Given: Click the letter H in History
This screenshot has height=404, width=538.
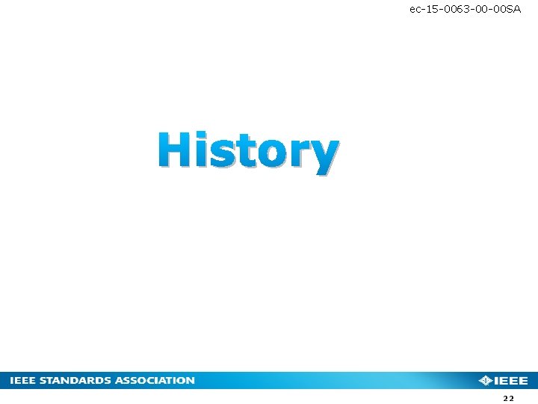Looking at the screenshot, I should click(x=176, y=150).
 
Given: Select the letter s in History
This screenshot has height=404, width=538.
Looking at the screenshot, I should click(x=221, y=154).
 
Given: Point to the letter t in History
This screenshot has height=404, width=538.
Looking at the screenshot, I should click(x=244, y=152).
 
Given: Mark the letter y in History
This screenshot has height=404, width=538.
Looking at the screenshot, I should click(x=323, y=156).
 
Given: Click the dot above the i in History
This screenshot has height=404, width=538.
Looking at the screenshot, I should click(x=201, y=135).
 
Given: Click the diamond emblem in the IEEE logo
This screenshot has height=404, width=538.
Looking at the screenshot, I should click(x=486, y=381).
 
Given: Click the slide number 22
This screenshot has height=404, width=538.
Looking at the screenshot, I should click(x=509, y=400).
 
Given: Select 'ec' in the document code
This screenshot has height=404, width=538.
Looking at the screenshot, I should click(x=415, y=9).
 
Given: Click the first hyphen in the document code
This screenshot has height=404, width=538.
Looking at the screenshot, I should click(x=423, y=9).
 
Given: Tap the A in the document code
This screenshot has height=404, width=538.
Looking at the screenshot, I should click(x=517, y=9).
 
